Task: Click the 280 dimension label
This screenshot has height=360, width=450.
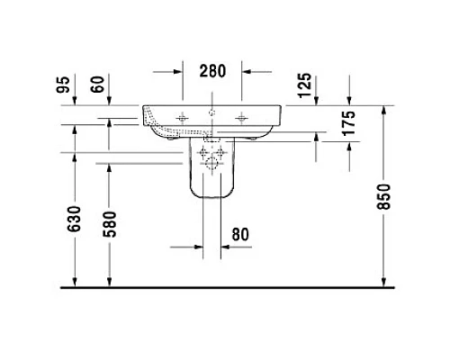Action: (x=212, y=70)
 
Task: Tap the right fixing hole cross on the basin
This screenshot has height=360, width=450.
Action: (x=240, y=116)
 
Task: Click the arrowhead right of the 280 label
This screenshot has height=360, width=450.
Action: (x=246, y=70)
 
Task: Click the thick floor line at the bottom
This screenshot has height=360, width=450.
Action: (x=225, y=288)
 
